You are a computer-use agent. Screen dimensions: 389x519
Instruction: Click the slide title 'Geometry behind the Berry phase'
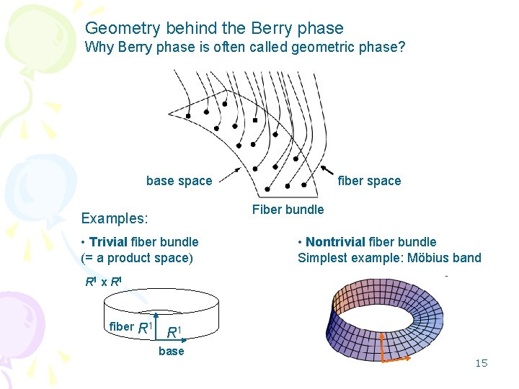click(x=214, y=29)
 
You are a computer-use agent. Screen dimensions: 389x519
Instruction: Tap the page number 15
click(x=481, y=363)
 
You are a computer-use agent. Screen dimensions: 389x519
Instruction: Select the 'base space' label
click(x=179, y=181)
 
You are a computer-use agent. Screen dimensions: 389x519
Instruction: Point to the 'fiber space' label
click(x=369, y=181)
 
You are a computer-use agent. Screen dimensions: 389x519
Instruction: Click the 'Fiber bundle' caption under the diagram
click(x=288, y=210)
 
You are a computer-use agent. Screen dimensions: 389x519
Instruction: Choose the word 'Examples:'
click(x=115, y=218)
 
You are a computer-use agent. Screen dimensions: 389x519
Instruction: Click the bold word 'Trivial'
click(x=108, y=242)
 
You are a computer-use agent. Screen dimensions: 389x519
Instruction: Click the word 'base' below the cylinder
click(x=171, y=352)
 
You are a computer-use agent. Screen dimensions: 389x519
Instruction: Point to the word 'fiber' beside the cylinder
click(x=121, y=327)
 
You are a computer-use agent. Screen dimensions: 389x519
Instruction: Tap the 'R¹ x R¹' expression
click(x=104, y=282)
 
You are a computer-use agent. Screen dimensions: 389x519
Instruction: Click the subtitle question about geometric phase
click(x=245, y=48)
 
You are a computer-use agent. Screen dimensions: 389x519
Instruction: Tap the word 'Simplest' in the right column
click(x=321, y=258)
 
